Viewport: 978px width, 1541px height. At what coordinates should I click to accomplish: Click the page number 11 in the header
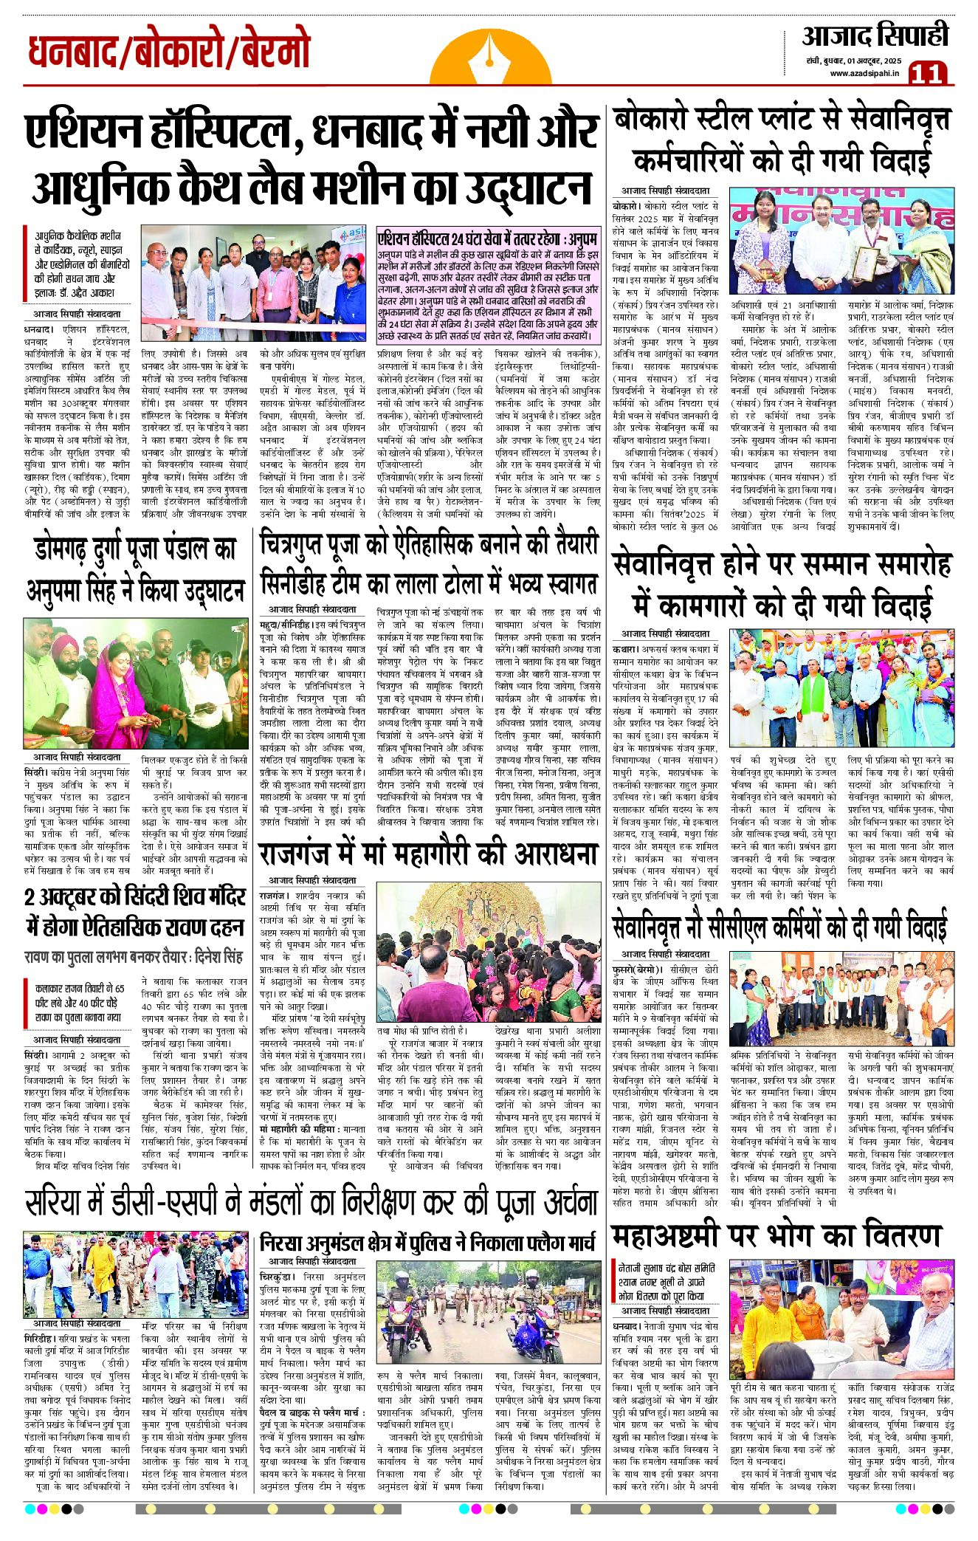coord(929,73)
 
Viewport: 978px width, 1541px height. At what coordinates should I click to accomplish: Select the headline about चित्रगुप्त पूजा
coord(428,565)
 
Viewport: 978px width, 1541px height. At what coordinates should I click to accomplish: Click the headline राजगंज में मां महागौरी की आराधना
coord(428,854)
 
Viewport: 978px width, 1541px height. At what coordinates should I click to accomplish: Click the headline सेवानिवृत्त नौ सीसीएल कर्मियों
coord(779,927)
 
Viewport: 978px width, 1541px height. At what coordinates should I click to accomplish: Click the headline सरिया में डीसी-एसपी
coord(310,1201)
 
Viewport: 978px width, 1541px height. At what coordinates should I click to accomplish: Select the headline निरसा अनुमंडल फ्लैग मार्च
coord(428,1243)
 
